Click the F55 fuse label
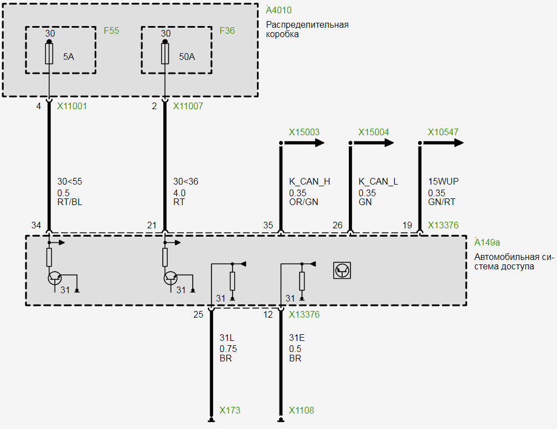coord(111,30)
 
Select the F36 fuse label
coord(227,30)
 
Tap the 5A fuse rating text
coord(68,57)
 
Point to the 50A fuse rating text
coord(187,57)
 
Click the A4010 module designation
coord(278,10)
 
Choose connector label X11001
coord(72,106)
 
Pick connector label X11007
coord(188,106)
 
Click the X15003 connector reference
coord(304,132)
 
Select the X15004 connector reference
coord(374,132)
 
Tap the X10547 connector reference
coord(443,132)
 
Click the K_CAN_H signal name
coord(310,182)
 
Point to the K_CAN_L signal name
coord(378,182)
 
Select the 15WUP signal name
coord(443,182)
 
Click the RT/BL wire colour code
coord(70,202)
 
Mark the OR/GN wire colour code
coord(303,202)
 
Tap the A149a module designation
coord(487,242)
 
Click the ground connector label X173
coord(230,411)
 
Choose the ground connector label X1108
coord(301,411)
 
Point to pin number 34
coord(36,225)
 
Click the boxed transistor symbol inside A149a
coord(343,270)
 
